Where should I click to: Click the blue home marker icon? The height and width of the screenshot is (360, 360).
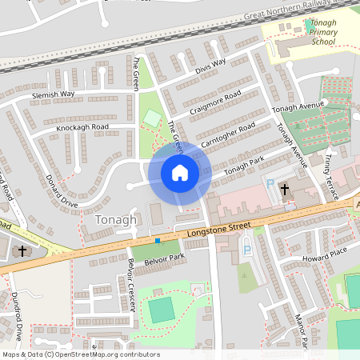point(179,172)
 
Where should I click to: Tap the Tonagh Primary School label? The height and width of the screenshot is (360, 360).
point(324,33)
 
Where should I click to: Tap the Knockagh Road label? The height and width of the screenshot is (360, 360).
point(82,128)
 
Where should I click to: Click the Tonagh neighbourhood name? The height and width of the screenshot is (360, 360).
point(116,219)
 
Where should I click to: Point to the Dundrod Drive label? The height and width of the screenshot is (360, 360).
point(17,315)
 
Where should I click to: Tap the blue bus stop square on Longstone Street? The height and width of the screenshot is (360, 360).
point(158,240)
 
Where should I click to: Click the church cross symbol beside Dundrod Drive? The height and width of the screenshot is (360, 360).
point(22,251)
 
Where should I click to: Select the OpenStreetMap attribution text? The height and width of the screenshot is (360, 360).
point(81,354)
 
